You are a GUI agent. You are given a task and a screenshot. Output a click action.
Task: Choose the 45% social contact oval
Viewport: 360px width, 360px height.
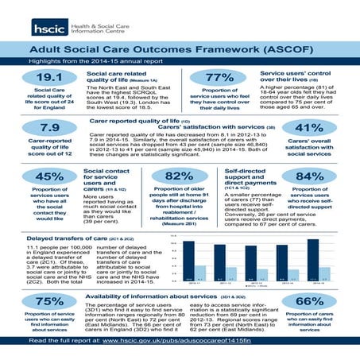point(39,177)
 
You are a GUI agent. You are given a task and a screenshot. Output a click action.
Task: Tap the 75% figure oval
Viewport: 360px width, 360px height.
point(39,301)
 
